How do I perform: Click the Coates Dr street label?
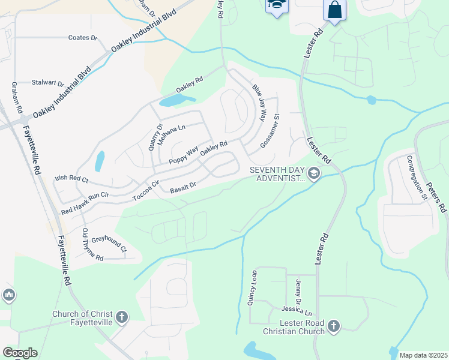(x=83, y=38)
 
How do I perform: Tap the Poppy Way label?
(x=183, y=156)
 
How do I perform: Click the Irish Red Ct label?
(x=71, y=179)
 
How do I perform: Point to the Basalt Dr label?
(x=183, y=188)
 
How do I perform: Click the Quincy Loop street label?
(x=252, y=289)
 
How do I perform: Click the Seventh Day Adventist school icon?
(x=313, y=173)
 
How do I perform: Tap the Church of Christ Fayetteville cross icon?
(x=121, y=317)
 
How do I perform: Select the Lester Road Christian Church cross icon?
(x=333, y=326)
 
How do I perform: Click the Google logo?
(x=20, y=353)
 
